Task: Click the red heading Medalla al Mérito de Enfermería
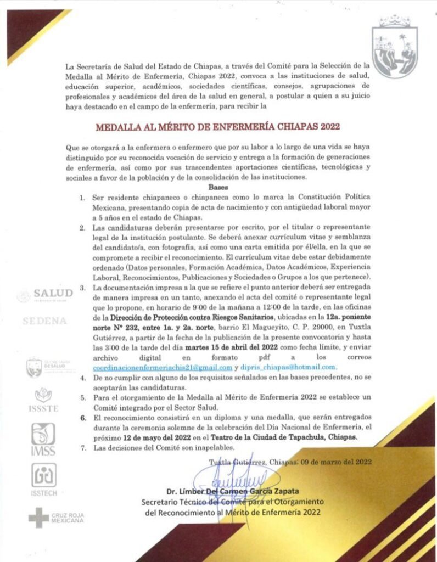click(218, 126)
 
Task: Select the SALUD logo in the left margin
click(45, 294)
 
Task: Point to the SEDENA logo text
click(44, 321)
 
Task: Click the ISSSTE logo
click(43, 400)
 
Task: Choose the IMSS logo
click(43, 439)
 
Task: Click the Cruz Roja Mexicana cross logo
click(38, 518)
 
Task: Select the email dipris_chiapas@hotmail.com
click(289, 367)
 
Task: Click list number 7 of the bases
click(83, 448)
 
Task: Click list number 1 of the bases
click(83, 196)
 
